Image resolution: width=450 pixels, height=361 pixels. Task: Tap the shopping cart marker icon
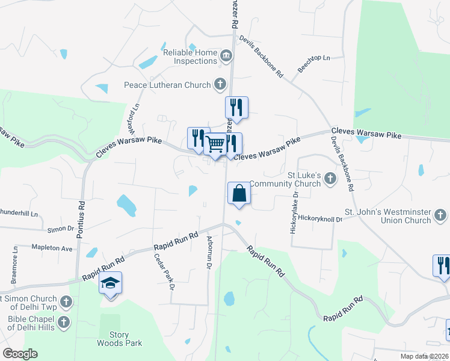point(215,144)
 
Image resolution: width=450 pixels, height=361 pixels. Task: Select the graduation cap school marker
point(111,283)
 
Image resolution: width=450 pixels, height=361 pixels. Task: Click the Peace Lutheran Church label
point(167,85)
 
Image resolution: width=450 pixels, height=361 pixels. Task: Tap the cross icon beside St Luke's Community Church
point(330,178)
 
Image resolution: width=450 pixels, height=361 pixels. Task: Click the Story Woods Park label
point(120,339)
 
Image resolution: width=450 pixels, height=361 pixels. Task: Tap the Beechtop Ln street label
point(314,65)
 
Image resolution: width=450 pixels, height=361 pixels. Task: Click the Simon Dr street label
point(60,229)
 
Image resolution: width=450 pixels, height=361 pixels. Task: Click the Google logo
point(20,354)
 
